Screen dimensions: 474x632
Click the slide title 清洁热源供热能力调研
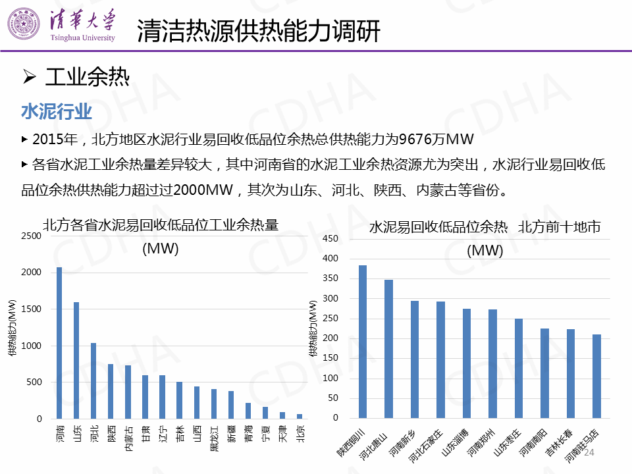point(259,31)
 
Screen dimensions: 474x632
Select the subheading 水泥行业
point(57,111)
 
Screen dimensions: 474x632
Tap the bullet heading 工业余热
point(87,78)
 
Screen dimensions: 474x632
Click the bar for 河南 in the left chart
point(59,343)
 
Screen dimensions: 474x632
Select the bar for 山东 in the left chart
point(76,360)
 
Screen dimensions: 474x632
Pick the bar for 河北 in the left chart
point(93,381)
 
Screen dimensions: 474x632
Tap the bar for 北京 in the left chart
point(299,416)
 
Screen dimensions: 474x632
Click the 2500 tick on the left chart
point(31,236)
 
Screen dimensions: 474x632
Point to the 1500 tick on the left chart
point(31,309)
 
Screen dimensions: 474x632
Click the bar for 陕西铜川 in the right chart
point(363,342)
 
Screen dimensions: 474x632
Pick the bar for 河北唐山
point(388,349)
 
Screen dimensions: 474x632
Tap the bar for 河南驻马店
point(596,376)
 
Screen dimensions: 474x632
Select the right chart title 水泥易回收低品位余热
point(438,228)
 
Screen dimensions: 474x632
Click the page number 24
point(589,453)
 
